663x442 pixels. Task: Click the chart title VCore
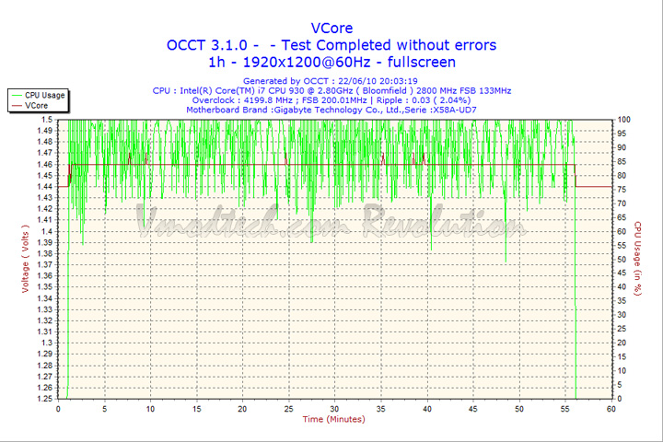click(331, 28)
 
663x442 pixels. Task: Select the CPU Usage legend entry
click(44, 95)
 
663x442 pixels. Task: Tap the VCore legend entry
click(37, 106)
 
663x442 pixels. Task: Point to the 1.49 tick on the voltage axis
click(45, 131)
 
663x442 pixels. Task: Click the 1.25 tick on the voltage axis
click(45, 399)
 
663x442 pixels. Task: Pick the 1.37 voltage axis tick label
click(45, 265)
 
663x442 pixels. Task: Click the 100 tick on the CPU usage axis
click(623, 120)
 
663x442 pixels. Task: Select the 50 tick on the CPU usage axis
click(622, 260)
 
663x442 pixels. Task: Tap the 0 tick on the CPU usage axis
click(619, 399)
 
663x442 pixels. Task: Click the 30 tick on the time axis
click(334, 409)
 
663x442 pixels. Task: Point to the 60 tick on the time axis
click(611, 409)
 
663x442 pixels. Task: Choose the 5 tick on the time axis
click(104, 409)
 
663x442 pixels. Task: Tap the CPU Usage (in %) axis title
click(636, 258)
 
